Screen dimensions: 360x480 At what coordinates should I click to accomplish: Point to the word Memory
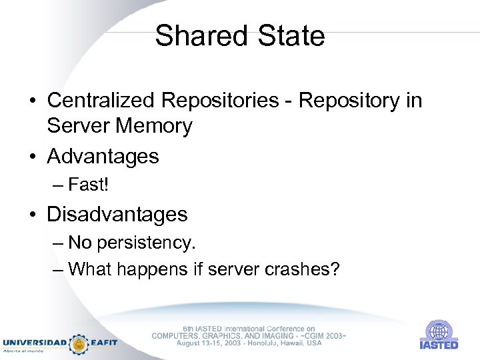[154, 125]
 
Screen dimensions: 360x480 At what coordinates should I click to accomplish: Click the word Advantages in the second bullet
[103, 157]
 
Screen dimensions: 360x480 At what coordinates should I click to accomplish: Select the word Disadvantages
[117, 214]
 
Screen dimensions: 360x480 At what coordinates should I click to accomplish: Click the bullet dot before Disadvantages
[32, 215]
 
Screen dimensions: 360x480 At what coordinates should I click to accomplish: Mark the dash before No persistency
[57, 243]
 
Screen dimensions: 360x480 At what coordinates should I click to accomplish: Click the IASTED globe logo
[438, 331]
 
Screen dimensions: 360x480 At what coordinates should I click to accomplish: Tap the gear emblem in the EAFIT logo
[79, 343]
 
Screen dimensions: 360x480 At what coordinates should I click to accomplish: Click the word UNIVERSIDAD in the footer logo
[35, 343]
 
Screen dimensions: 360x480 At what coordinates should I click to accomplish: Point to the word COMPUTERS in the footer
[176, 336]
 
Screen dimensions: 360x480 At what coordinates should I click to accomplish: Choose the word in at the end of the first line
[413, 100]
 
